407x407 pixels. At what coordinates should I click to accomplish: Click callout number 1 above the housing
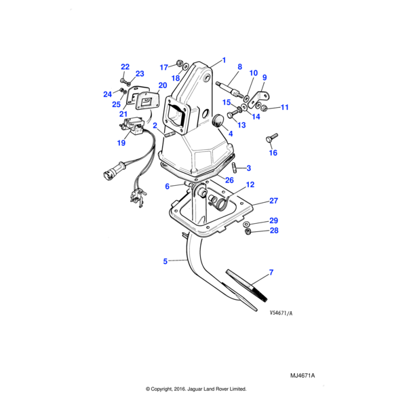[x=224, y=60]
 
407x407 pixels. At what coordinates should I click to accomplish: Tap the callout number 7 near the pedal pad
[x=271, y=273]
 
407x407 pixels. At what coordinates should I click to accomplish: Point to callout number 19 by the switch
[x=121, y=143]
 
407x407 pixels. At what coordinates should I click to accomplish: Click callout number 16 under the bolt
[x=273, y=153]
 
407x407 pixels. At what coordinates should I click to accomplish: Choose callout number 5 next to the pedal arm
[x=165, y=261]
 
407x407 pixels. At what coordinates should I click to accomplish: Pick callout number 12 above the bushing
[x=250, y=185]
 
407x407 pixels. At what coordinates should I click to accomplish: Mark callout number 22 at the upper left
[x=125, y=66]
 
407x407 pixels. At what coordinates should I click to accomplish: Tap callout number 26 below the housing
[x=229, y=180]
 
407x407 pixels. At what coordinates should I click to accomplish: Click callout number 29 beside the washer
[x=273, y=221]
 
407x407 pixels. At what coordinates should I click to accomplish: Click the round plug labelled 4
[x=218, y=121]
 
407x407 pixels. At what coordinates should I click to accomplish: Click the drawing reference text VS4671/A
[x=281, y=313]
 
